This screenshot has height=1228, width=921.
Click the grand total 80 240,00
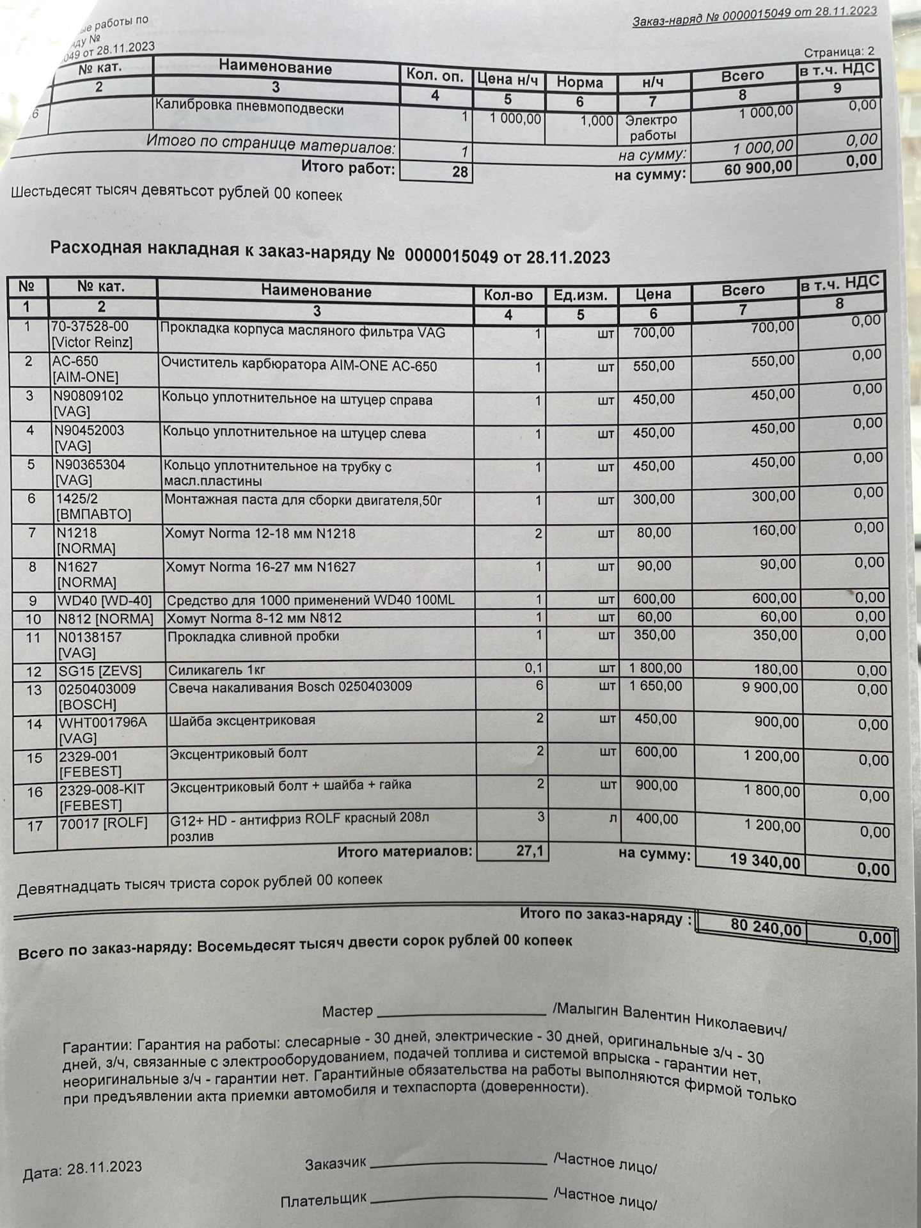tap(766, 927)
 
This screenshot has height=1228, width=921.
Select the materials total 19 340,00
tap(764, 860)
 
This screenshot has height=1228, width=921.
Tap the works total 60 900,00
tap(758, 169)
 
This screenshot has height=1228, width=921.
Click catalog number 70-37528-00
tap(90, 327)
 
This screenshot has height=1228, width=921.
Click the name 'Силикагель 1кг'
tap(217, 670)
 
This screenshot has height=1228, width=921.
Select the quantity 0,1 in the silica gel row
tap(533, 668)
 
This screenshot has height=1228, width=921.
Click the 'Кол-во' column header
tap(508, 295)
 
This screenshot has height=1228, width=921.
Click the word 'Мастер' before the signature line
tap(347, 1011)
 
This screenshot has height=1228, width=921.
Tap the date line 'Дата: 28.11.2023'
tap(82, 1169)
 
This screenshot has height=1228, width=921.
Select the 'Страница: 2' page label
tap(839, 52)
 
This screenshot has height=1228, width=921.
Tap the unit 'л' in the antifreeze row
tap(613, 818)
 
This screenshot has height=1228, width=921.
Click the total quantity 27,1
tap(529, 851)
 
